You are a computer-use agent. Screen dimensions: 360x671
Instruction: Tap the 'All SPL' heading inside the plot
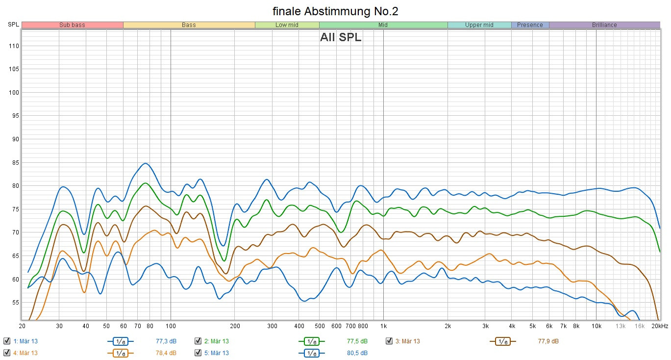[x=341, y=38]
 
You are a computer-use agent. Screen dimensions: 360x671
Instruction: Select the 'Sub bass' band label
[x=72, y=25]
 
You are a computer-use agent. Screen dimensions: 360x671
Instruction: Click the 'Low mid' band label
[x=287, y=25]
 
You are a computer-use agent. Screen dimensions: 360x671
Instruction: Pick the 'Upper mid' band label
[x=479, y=25]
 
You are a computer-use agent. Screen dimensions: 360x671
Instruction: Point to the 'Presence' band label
[x=530, y=25]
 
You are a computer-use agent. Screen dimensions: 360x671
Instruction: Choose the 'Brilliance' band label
[x=604, y=25]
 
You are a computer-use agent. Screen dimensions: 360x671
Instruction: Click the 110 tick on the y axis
[x=13, y=46]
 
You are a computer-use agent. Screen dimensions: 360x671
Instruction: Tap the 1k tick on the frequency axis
[x=383, y=326]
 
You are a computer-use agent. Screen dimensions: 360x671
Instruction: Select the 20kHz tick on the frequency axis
[x=660, y=326]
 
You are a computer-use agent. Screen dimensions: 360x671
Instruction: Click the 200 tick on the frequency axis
[x=235, y=326]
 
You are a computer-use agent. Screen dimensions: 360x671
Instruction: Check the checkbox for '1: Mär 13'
[x=7, y=341]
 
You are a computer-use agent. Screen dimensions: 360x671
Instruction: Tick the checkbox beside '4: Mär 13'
[x=7, y=353]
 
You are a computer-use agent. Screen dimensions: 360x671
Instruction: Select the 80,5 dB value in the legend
[x=357, y=353]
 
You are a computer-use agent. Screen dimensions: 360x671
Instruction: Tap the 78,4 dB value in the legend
[x=166, y=353]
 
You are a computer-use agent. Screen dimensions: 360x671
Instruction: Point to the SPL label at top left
[x=13, y=25]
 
